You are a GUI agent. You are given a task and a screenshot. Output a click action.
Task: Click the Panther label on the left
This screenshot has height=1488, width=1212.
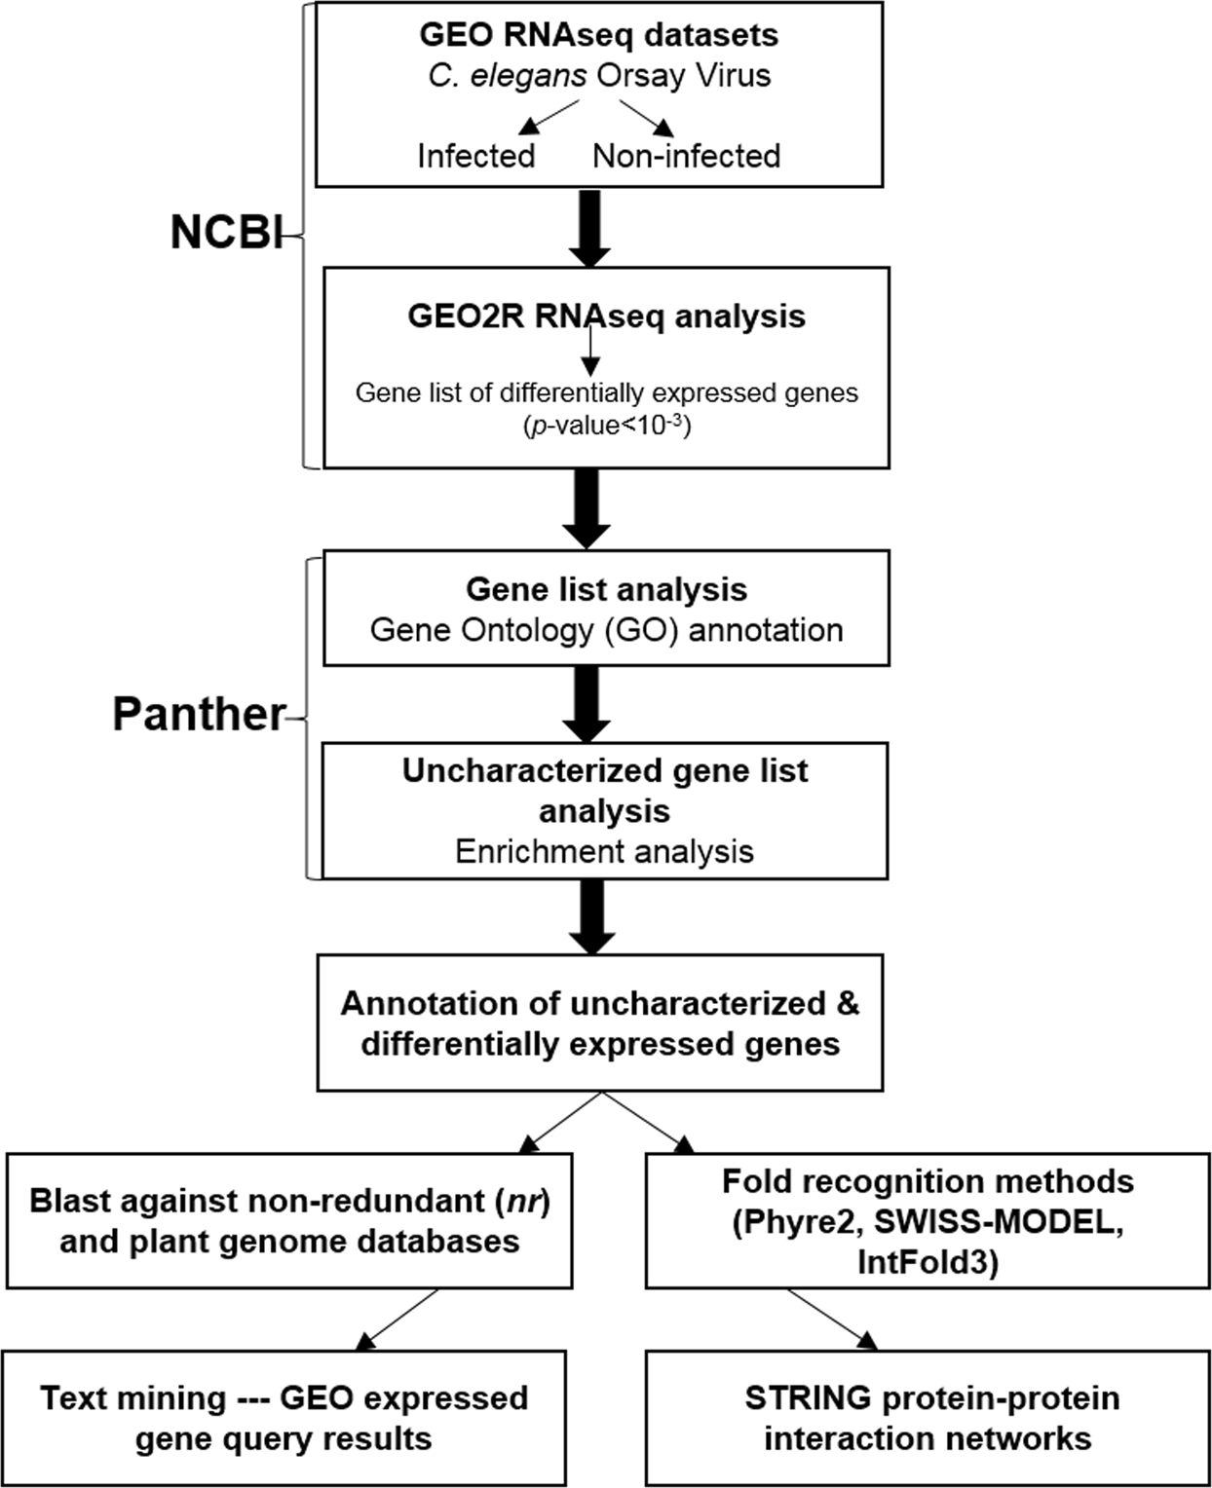coord(199,715)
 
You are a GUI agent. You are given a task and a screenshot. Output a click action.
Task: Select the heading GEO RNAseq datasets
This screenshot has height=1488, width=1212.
coord(598,35)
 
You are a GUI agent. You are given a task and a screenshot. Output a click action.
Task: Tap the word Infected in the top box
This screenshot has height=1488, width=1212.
coord(476,156)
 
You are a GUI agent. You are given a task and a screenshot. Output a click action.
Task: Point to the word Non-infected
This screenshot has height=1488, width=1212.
coord(686,156)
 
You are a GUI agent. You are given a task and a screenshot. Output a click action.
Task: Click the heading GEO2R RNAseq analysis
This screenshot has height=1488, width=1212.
coord(606,316)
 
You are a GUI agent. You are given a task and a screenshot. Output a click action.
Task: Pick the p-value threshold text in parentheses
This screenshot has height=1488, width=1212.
coord(606,426)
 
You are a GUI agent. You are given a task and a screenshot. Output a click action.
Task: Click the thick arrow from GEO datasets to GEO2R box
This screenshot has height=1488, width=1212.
coord(589,228)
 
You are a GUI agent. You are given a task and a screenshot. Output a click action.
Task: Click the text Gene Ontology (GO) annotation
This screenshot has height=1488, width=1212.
coord(606,630)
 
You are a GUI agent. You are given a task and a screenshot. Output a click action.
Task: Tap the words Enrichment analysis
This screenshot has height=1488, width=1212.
coord(604,851)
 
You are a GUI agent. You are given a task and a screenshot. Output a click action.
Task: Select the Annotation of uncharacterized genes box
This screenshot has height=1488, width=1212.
coord(600,1023)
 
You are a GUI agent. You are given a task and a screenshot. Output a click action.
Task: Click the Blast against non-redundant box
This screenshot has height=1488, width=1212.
coord(289,1221)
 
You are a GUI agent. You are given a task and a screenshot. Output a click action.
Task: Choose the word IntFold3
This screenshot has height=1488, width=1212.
coord(927,1263)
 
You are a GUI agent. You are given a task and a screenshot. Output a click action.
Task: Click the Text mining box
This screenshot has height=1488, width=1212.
coord(284,1418)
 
